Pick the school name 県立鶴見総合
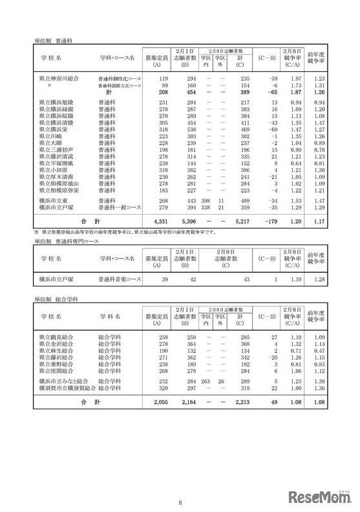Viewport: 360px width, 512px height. coord(56,337)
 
